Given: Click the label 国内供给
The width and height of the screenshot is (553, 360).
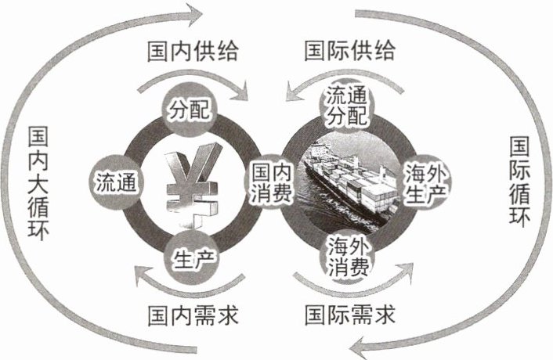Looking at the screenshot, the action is click(x=192, y=52).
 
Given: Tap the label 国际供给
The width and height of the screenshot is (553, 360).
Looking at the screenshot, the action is click(x=349, y=52).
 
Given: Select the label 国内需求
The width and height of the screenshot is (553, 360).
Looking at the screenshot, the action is click(x=192, y=316).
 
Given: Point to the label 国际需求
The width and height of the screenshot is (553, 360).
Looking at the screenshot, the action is click(x=349, y=316).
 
